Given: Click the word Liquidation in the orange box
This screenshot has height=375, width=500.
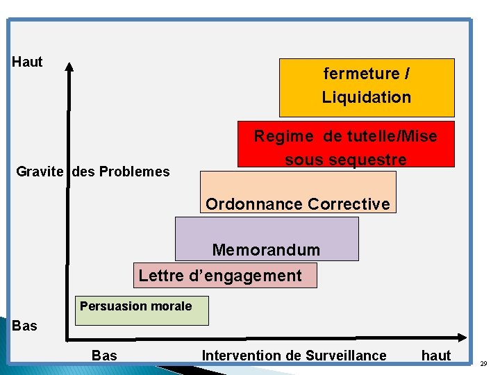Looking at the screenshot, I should (x=366, y=97).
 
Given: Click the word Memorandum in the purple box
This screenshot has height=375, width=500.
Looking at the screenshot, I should (x=266, y=250).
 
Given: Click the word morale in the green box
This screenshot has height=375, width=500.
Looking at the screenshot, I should (x=172, y=306).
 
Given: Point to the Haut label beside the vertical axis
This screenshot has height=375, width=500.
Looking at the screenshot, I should (x=28, y=62).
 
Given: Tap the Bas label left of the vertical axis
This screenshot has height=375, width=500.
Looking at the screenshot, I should (x=25, y=326).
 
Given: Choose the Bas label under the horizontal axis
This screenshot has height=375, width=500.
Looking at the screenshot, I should (x=104, y=356).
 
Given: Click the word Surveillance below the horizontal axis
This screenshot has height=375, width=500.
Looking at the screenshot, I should (x=346, y=356).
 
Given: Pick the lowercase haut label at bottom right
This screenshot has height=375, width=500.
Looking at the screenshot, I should (x=436, y=356).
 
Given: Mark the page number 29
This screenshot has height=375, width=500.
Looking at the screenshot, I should (x=483, y=363).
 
